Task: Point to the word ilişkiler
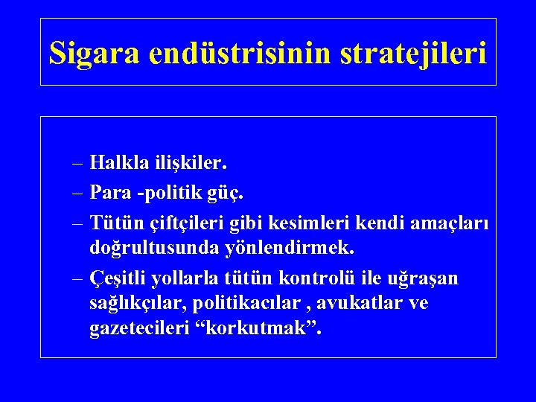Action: coord(192,162)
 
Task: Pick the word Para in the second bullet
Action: coord(109,193)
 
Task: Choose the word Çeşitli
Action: coord(117,278)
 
